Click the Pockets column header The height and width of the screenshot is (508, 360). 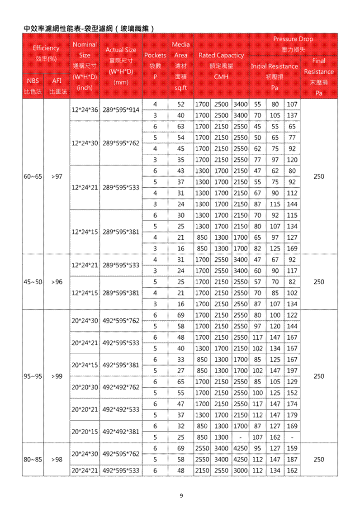[155, 66]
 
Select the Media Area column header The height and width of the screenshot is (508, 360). [180, 66]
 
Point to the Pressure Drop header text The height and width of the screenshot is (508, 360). [293, 39]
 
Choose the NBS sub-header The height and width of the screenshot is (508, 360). [33, 81]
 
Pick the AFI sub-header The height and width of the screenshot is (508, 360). [57, 81]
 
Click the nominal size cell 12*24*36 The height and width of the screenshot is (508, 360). [85, 109]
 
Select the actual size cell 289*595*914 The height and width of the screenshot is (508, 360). [121, 109]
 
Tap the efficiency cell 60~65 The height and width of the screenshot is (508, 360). [33, 176]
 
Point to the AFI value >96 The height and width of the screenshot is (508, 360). [57, 281]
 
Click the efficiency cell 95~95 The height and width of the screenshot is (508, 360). [33, 376]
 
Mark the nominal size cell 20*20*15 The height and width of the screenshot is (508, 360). [85, 432]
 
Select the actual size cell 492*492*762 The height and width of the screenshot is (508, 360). [121, 387]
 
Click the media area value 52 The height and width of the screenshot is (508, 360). [180, 104]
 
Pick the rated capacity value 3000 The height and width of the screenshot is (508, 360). [240, 470]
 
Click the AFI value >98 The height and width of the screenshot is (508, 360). [57, 459]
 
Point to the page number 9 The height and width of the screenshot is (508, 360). [181, 496]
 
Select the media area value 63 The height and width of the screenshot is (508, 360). [180, 126]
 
